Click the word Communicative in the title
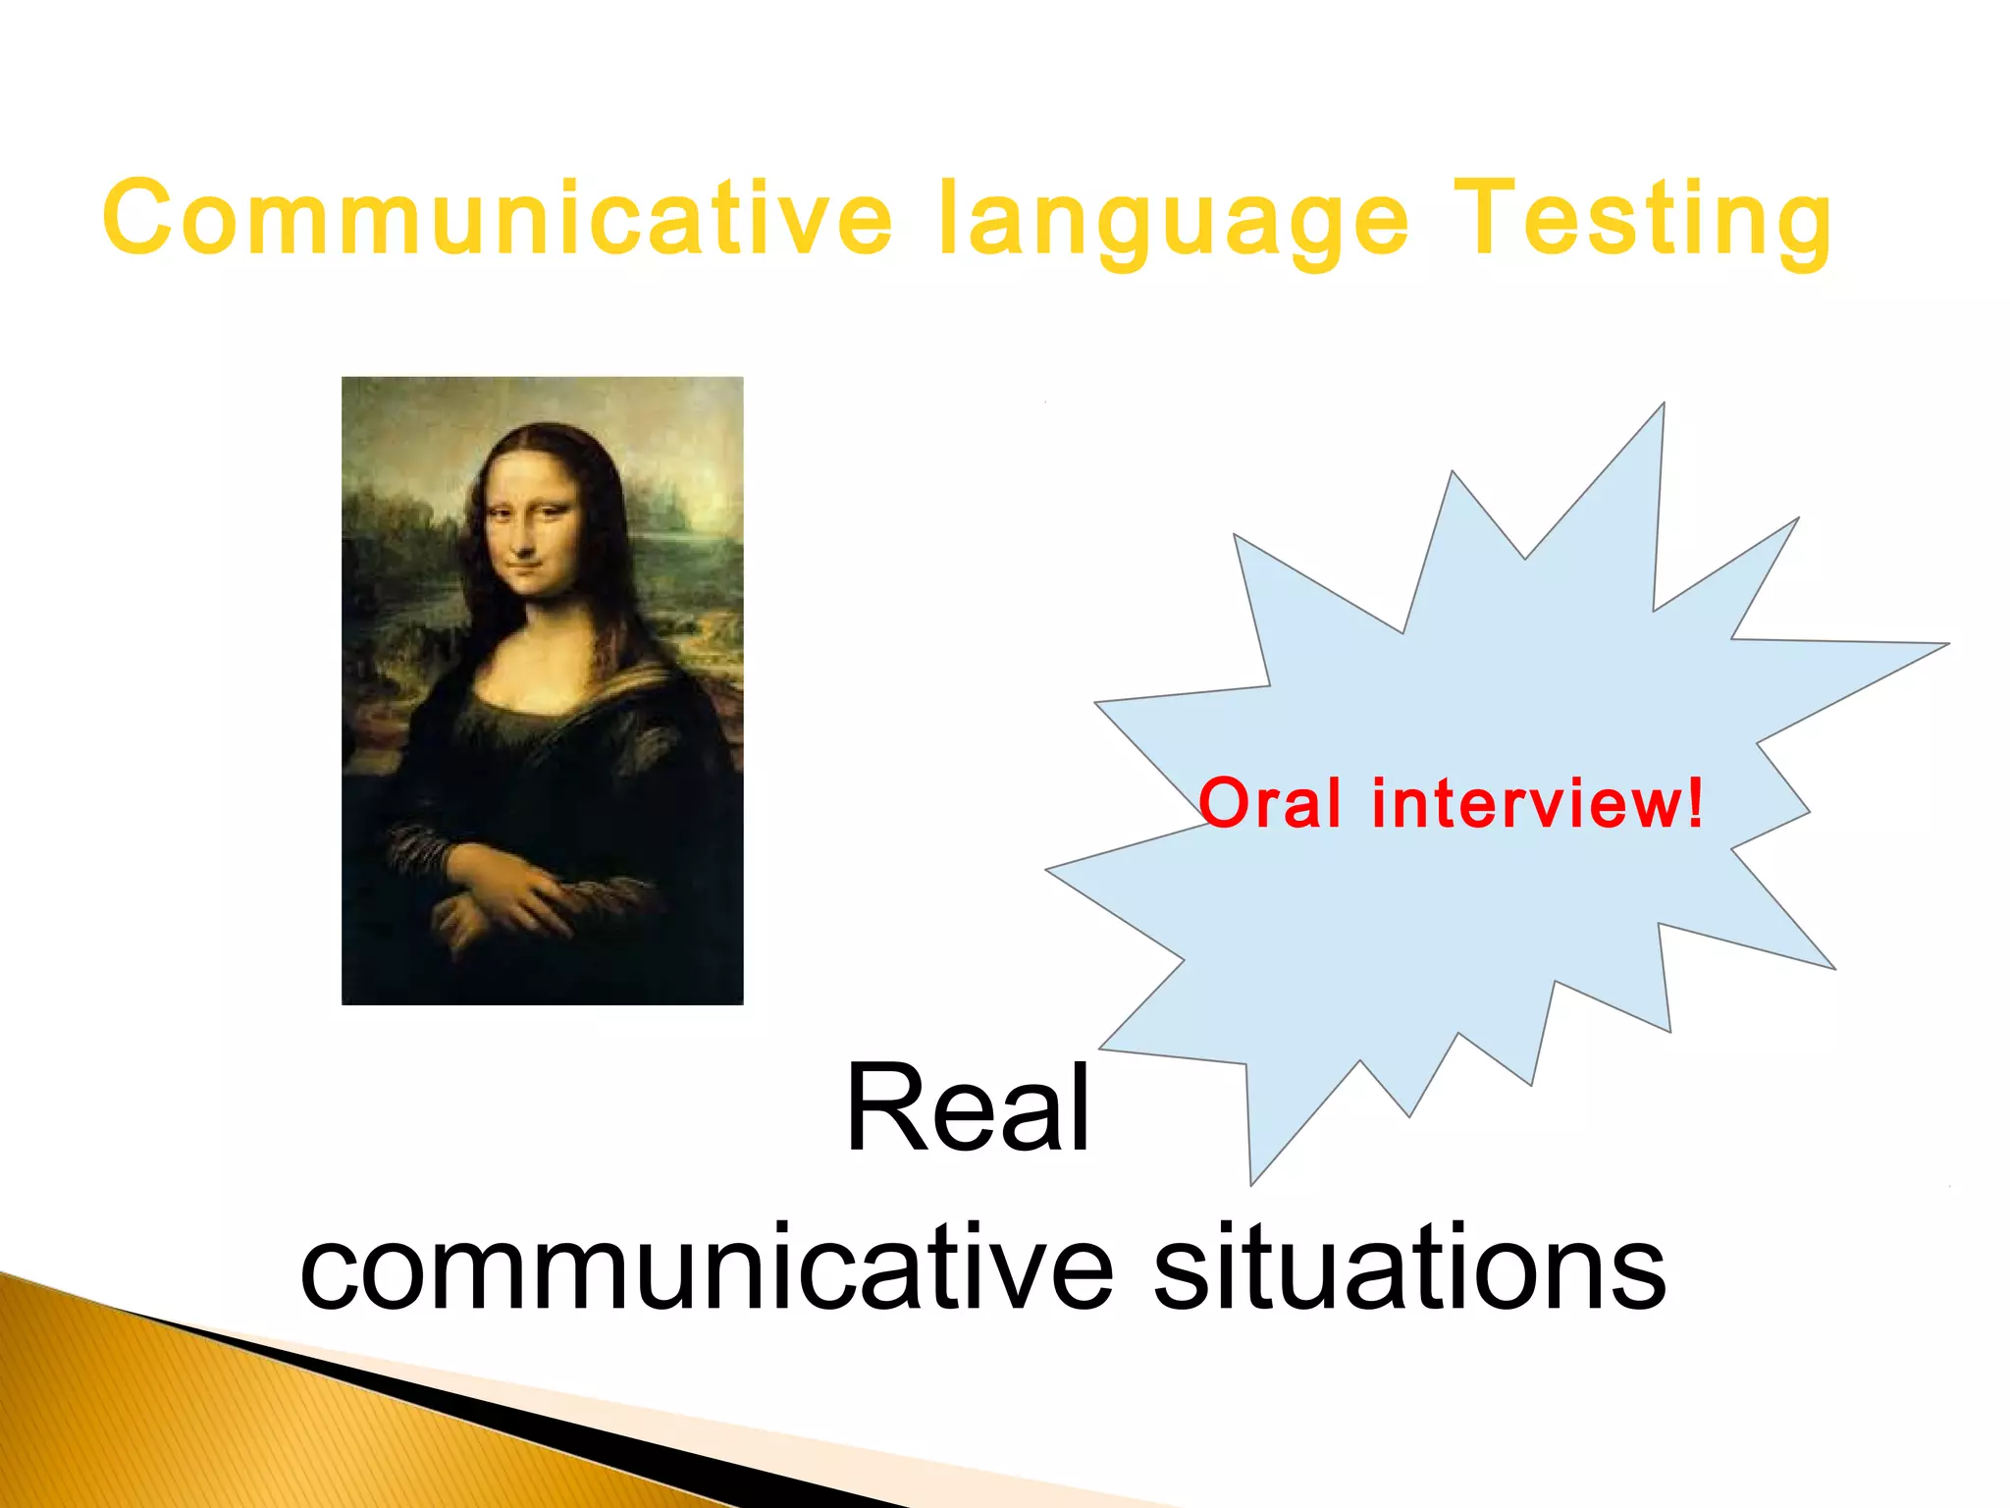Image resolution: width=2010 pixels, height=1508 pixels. [497, 218]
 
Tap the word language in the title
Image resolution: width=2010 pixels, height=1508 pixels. [1174, 222]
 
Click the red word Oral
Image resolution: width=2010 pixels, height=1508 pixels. [1269, 803]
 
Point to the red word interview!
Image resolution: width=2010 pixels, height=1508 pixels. [1537, 803]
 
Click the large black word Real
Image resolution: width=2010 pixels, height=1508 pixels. [968, 1109]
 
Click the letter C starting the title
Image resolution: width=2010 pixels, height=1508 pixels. [138, 218]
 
